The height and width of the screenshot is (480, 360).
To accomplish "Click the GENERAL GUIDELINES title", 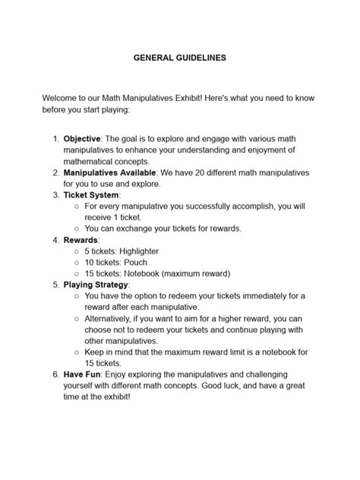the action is pos(179,57).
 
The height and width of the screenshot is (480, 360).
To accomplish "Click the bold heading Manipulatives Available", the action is pos(112,172).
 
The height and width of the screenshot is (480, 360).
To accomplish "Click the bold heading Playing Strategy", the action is pos(96,283).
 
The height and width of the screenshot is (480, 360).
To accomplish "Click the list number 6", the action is pos(55,375).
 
